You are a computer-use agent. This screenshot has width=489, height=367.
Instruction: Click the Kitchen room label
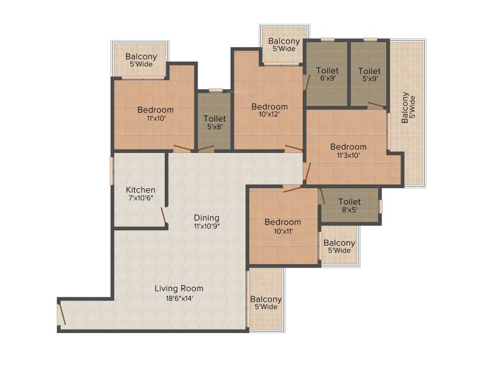(140, 190)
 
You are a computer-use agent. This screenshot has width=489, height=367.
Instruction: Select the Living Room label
(179, 288)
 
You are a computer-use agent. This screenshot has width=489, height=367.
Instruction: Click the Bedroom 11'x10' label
(156, 109)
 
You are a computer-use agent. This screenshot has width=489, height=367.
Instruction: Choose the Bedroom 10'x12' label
(270, 107)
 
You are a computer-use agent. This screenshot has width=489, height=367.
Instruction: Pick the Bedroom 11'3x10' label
(348, 147)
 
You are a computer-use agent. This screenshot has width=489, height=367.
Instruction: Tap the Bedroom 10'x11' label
(283, 222)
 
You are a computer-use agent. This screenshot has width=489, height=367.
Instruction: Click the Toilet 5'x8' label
(214, 119)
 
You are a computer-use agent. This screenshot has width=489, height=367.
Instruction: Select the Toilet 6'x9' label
(327, 71)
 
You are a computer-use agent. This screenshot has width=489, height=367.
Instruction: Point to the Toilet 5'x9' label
(369, 71)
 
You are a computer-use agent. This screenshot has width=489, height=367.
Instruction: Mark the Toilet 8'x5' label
(350, 202)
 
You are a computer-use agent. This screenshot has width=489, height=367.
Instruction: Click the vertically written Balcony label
(405, 108)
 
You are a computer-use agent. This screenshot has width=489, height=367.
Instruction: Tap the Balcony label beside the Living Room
(266, 299)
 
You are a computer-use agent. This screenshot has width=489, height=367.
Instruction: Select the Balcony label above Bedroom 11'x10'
(141, 57)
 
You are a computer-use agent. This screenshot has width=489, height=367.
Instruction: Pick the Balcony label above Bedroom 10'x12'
(284, 41)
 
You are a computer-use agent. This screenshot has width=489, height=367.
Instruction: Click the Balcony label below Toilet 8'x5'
(339, 243)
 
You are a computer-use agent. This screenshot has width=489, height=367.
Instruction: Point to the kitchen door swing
(164, 216)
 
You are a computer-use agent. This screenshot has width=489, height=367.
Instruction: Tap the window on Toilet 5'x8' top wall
(215, 90)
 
